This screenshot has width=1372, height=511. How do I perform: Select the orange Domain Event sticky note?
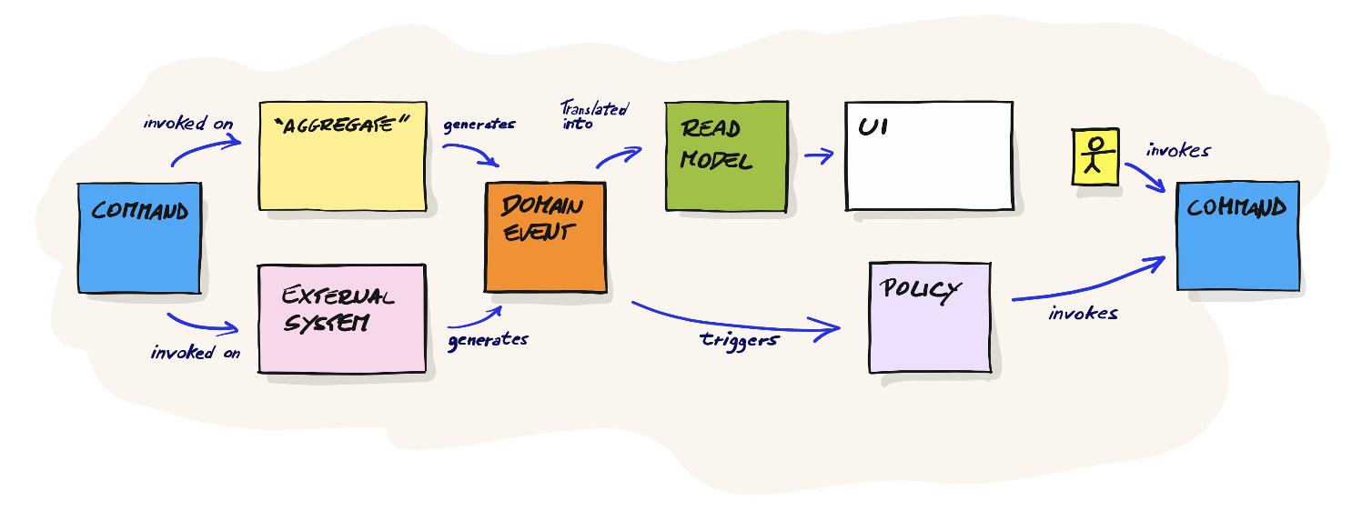click(545, 238)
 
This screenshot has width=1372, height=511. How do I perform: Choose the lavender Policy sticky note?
click(929, 317)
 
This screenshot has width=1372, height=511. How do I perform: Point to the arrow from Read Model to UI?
click(819, 155)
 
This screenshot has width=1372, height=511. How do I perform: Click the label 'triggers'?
click(739, 341)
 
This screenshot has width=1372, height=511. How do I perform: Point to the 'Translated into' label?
click(593, 115)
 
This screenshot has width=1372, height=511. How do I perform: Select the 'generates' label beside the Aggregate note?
click(479, 125)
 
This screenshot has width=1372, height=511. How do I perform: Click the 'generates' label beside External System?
click(488, 341)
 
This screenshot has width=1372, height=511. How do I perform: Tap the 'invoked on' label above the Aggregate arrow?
click(188, 122)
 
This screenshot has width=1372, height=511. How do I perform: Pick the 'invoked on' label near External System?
click(196, 353)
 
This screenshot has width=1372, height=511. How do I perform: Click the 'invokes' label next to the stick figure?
click(1178, 150)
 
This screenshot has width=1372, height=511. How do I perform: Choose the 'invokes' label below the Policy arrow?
click(1083, 314)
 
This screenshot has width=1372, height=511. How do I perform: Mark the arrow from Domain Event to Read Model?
click(621, 156)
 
